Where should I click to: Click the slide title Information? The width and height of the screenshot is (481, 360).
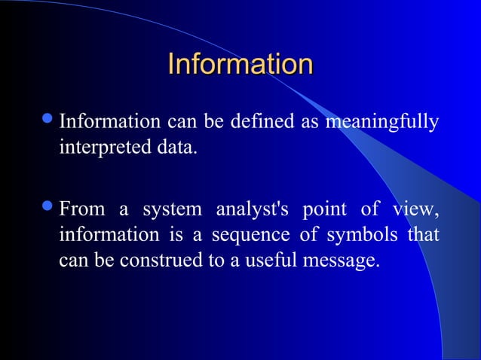coord(240,64)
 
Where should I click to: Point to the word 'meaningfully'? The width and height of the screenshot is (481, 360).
coord(381,122)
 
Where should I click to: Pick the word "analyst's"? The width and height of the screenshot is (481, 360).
coord(253,209)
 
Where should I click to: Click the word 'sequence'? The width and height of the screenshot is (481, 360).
coord(250,236)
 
